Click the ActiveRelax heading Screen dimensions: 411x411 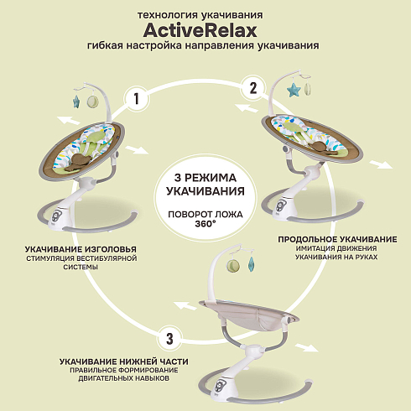pos(200,30)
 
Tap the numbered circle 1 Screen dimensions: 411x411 pos(137,99)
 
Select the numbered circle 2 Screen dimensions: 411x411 pos(253,88)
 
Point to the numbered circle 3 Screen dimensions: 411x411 pos(169,339)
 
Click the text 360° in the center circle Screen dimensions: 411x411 pos(205,224)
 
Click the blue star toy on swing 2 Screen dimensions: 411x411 pos(294,90)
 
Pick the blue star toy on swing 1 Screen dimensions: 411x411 pos(76,101)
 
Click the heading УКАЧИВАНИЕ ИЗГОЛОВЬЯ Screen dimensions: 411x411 pos(81,249)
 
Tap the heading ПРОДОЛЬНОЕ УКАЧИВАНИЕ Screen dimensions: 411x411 pos(337,239)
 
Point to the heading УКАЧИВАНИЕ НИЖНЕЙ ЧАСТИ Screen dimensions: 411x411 pos(124,362)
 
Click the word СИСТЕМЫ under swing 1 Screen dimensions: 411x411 pos(81,267)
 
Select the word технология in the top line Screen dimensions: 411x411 pos(166,15)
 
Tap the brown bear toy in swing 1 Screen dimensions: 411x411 pos(79,163)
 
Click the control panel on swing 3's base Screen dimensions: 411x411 pos(219,387)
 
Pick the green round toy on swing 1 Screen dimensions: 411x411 pos(93,102)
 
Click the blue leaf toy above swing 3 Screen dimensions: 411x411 pos(251,264)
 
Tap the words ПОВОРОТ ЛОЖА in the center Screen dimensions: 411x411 pos(205,215)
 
